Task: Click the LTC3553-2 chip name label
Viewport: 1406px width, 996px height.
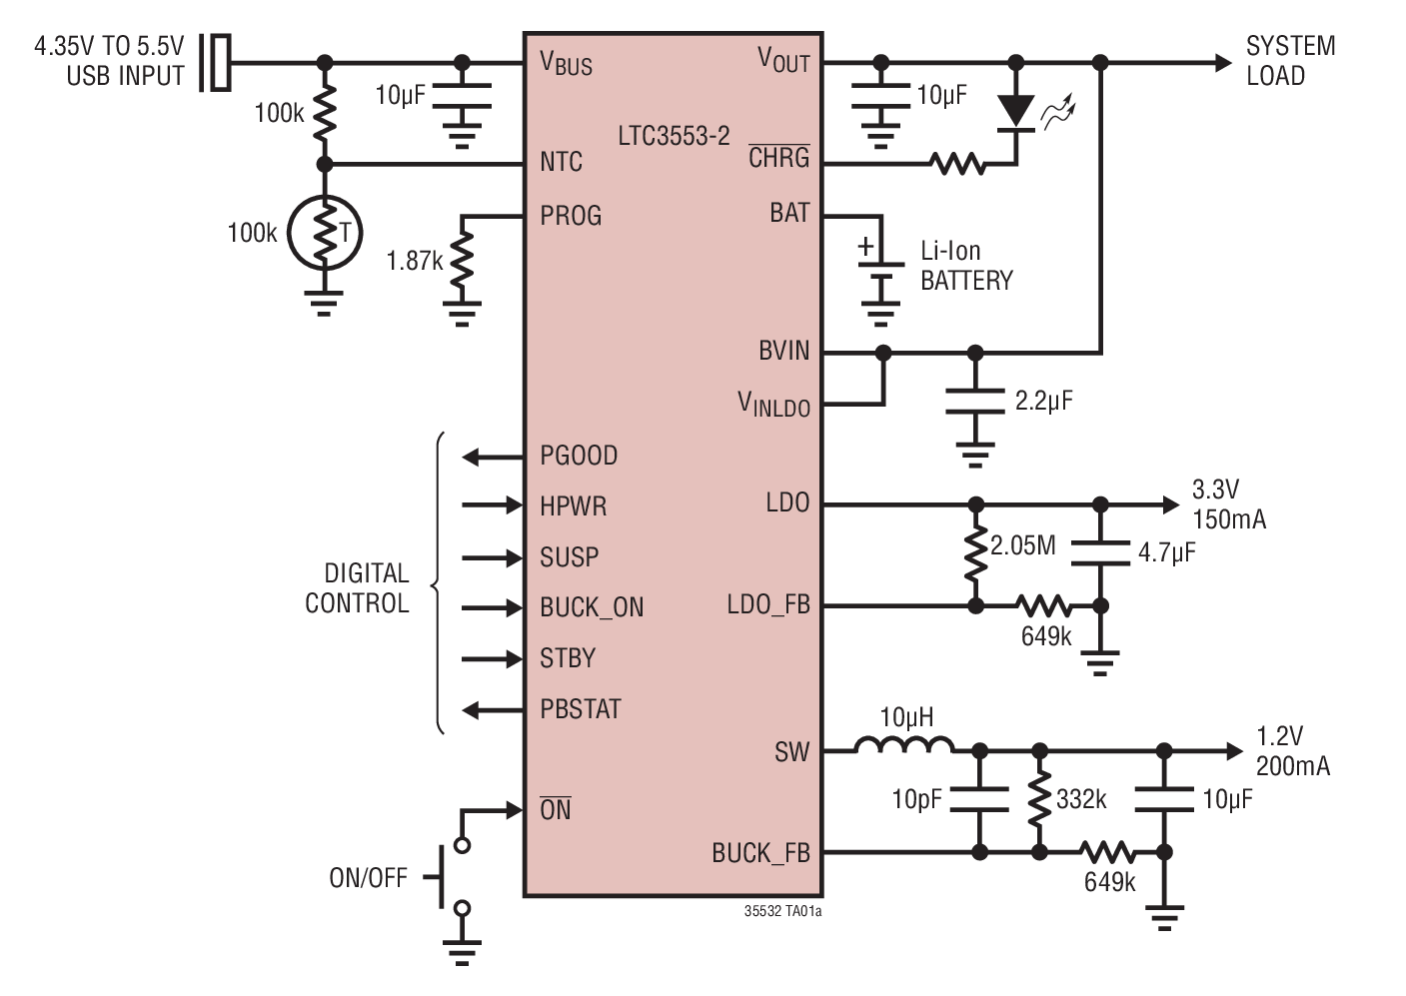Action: click(x=674, y=136)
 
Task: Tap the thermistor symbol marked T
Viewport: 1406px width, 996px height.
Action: click(x=324, y=234)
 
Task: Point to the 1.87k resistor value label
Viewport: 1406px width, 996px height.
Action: click(x=414, y=261)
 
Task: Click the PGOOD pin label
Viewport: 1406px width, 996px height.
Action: click(x=579, y=456)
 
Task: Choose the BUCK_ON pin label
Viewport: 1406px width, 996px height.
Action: click(x=592, y=607)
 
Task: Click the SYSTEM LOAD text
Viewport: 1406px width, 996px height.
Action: click(x=1290, y=61)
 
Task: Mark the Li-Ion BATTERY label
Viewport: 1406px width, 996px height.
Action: click(x=966, y=266)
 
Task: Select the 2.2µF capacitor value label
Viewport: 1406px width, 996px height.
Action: click(x=1043, y=401)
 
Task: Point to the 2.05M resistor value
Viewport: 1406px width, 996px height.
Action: click(x=1022, y=545)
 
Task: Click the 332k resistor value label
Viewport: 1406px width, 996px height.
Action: click(x=1081, y=799)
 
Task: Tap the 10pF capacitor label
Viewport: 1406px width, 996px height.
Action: click(x=916, y=799)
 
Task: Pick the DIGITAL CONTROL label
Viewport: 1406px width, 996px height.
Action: click(x=358, y=588)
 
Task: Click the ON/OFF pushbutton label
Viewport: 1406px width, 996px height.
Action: click(x=368, y=878)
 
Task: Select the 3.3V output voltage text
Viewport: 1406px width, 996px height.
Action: click(x=1215, y=490)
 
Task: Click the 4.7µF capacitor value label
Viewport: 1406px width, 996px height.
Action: click(x=1166, y=552)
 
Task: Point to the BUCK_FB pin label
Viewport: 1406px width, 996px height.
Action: click(x=760, y=853)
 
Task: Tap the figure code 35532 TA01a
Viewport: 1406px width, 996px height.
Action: click(x=782, y=911)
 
